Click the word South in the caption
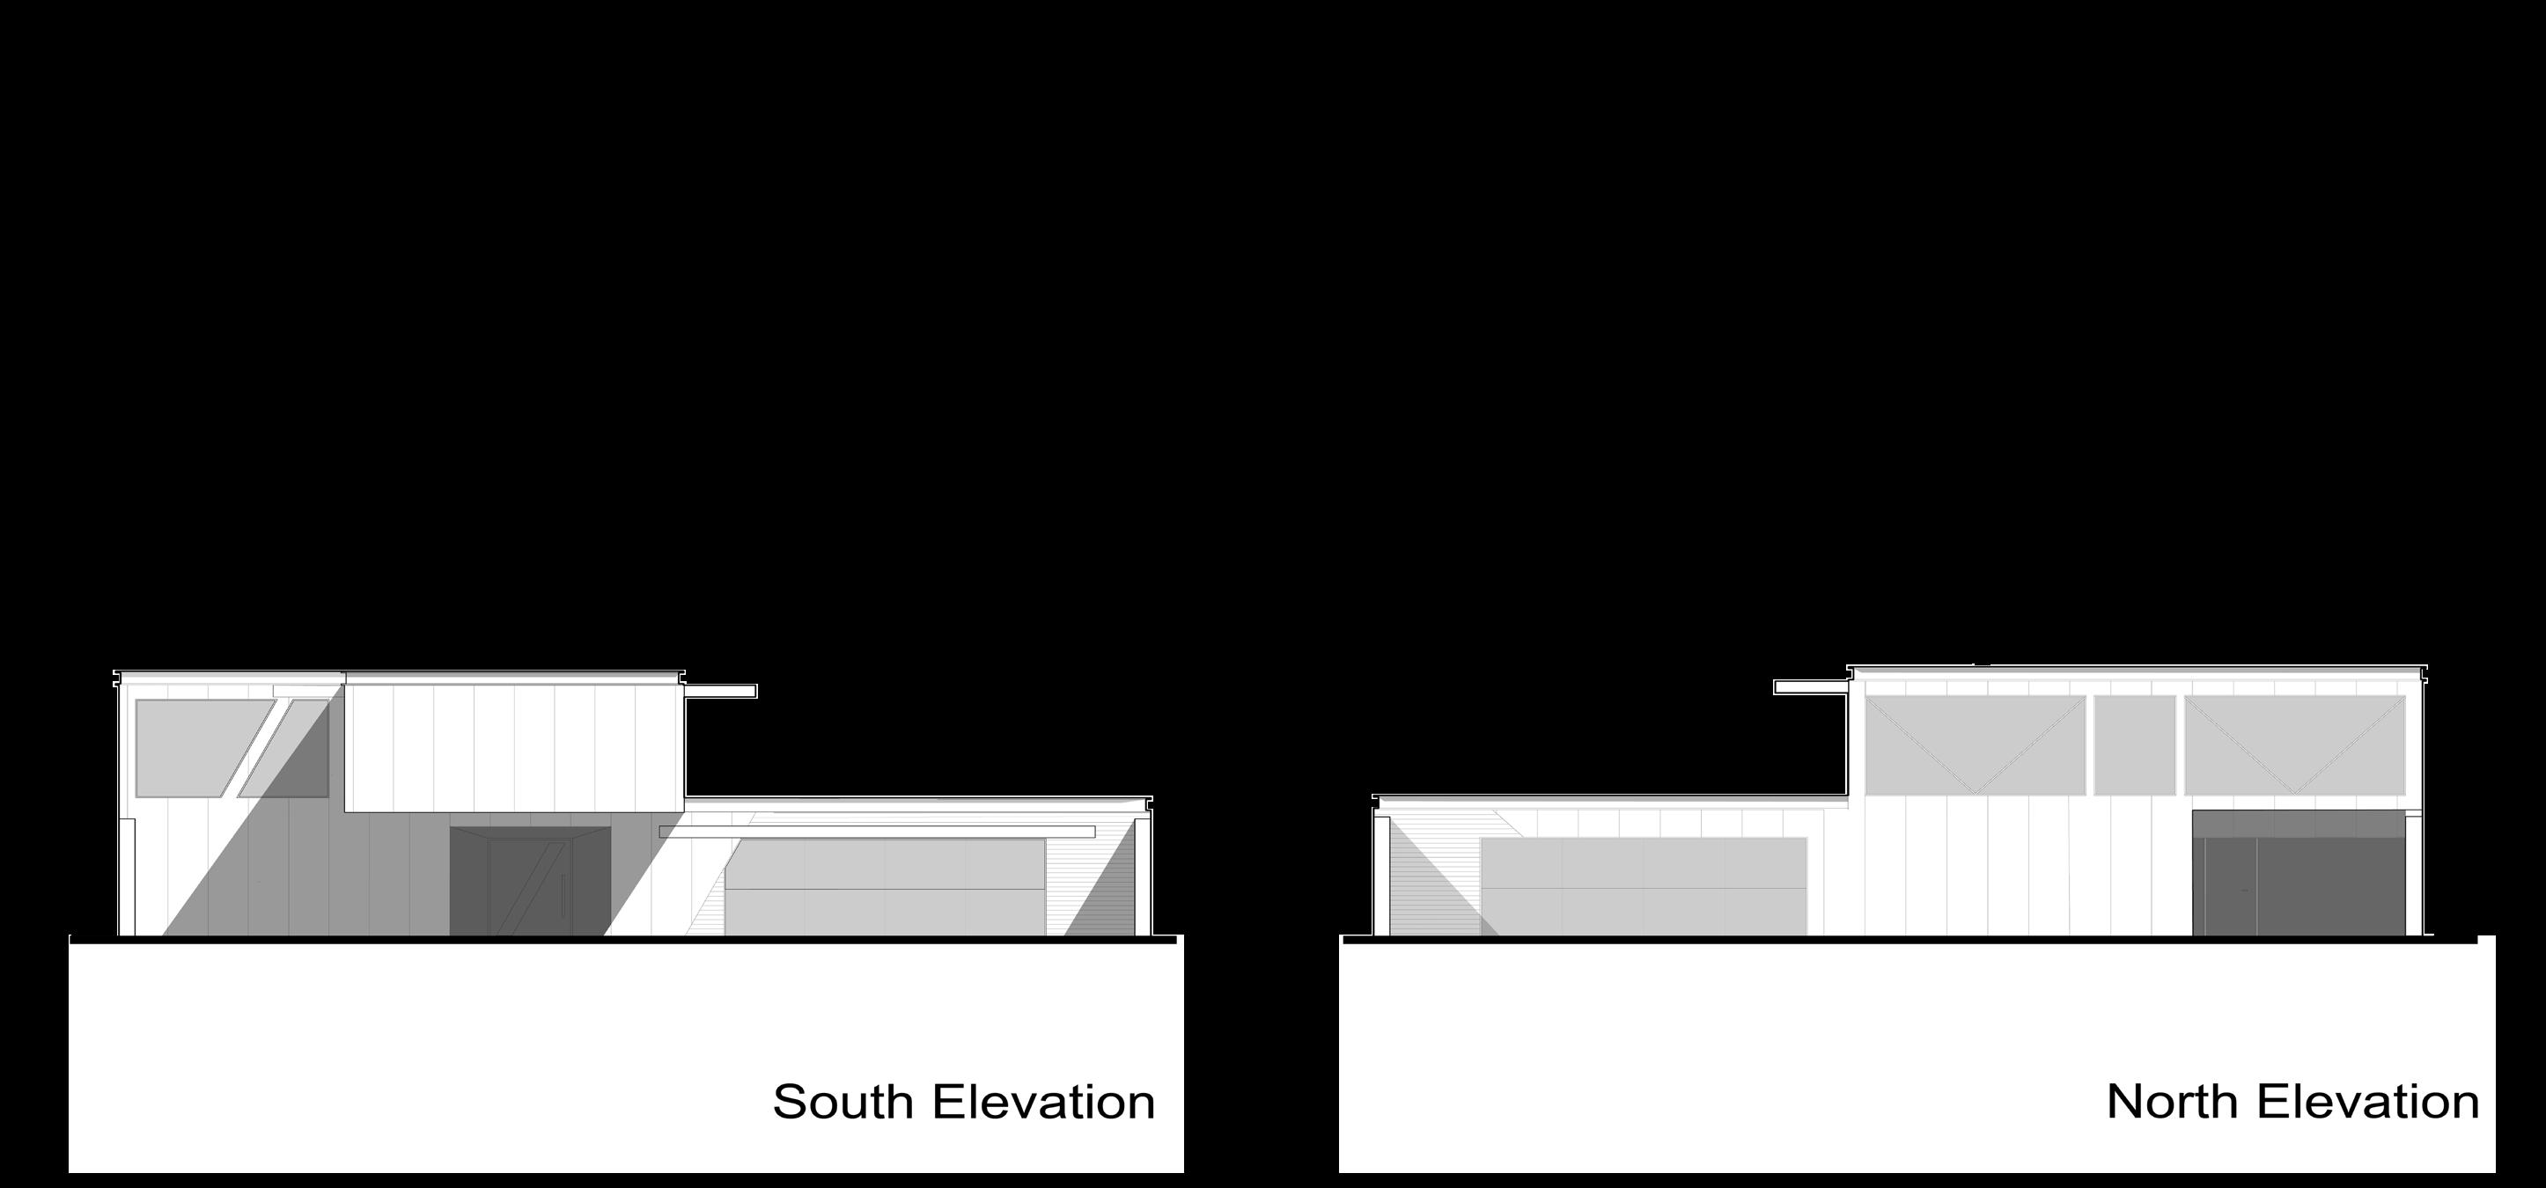click(843, 1102)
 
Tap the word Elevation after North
click(2370, 1102)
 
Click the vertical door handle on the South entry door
click(563, 894)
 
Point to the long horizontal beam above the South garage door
click(878, 832)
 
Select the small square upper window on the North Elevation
click(2135, 745)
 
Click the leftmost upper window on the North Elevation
click(1975, 745)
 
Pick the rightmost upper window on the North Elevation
click(2295, 745)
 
